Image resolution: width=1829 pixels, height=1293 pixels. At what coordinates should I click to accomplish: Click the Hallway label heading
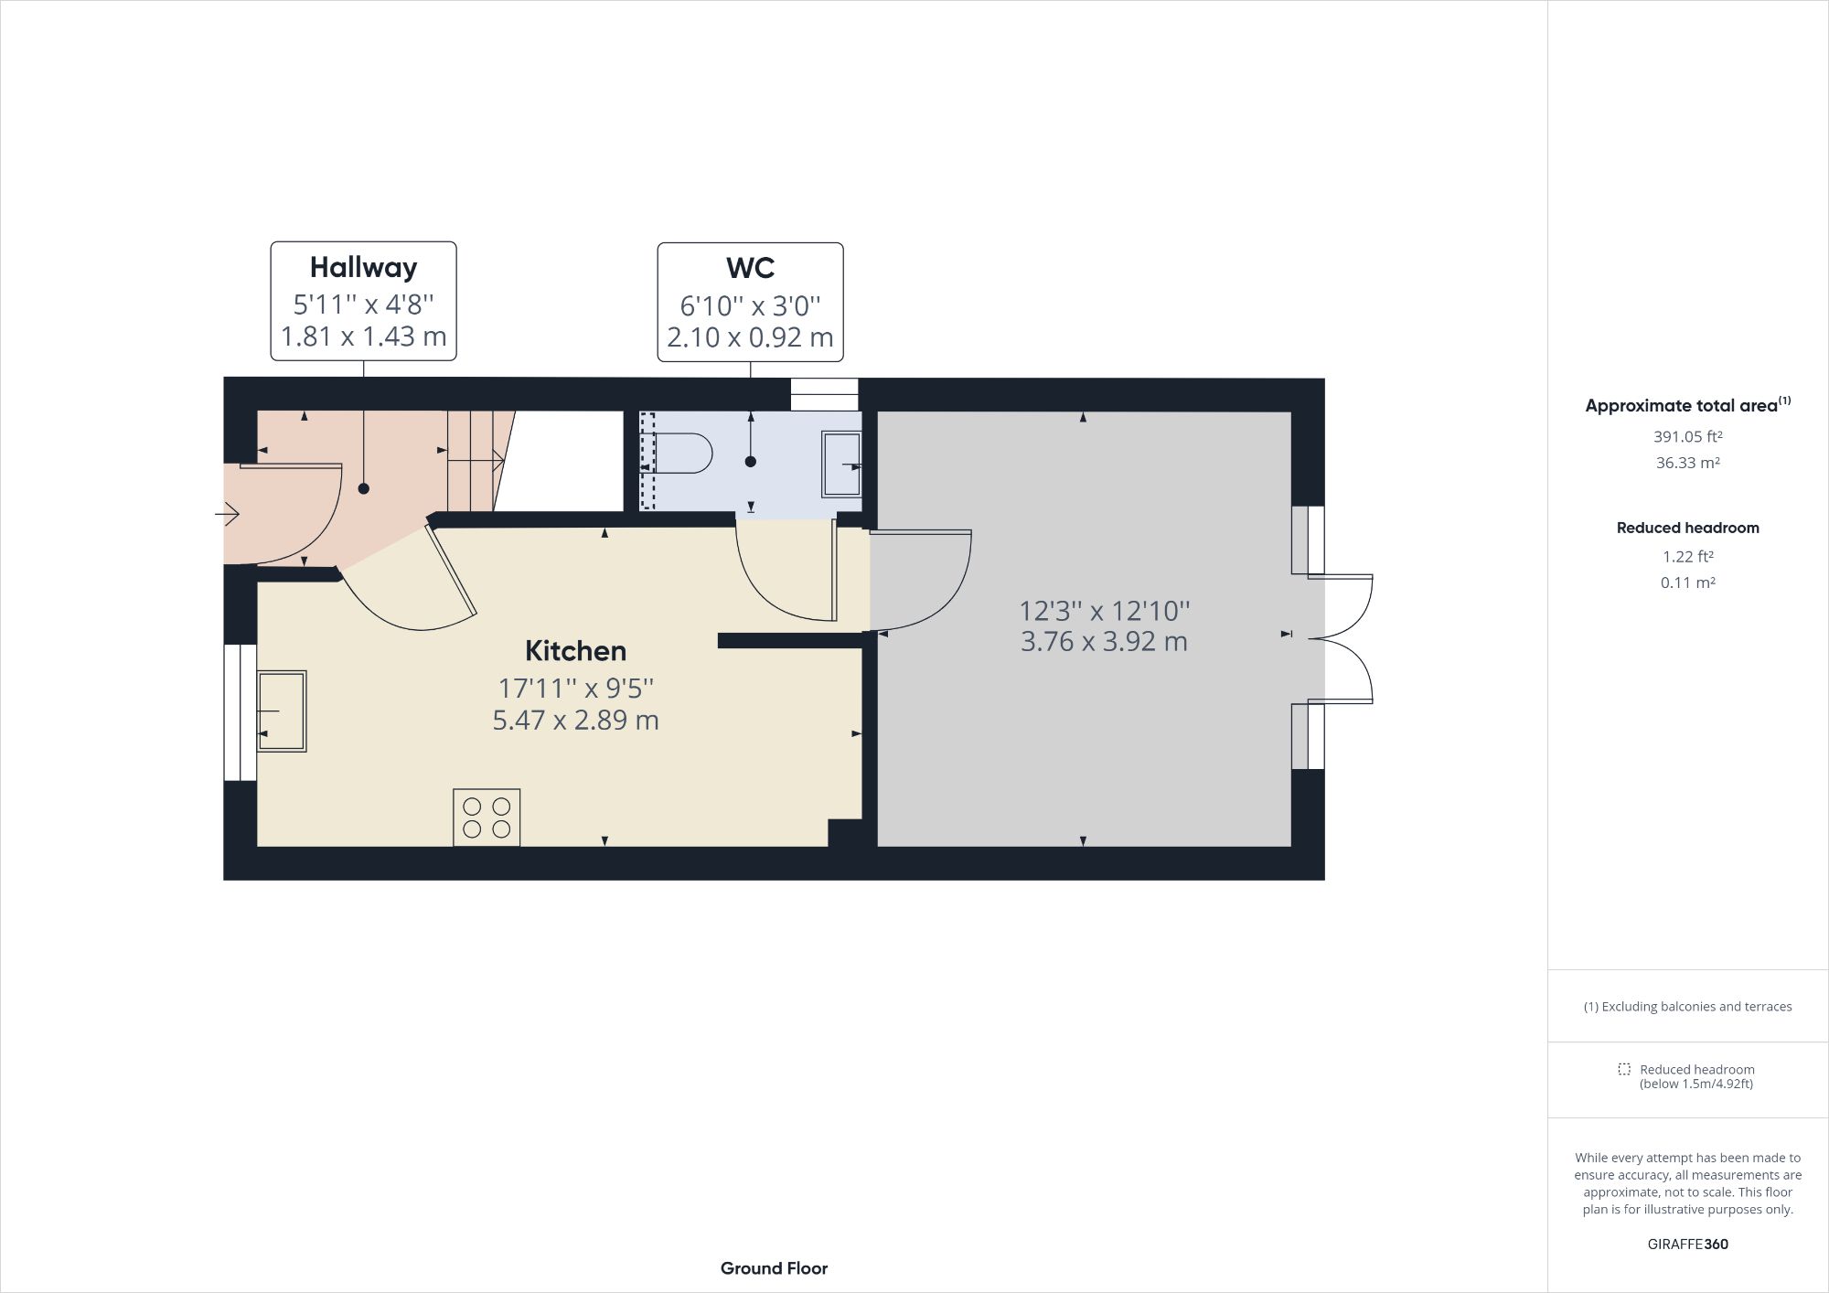tap(363, 267)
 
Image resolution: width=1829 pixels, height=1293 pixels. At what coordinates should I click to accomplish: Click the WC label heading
tap(750, 268)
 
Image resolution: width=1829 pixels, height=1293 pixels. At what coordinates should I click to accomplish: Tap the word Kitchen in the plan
tap(575, 651)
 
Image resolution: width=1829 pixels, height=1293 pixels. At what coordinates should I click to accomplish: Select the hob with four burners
tap(487, 817)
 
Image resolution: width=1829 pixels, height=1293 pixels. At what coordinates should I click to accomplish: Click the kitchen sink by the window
tap(282, 711)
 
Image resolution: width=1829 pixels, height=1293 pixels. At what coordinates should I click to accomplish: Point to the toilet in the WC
tap(686, 453)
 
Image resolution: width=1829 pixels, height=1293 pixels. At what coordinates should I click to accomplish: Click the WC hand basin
tap(841, 465)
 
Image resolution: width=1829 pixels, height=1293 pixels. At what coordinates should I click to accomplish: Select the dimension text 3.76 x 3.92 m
tap(1104, 642)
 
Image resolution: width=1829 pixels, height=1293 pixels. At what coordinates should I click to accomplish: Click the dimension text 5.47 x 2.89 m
tap(575, 721)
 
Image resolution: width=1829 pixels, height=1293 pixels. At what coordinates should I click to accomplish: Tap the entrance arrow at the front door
tap(227, 515)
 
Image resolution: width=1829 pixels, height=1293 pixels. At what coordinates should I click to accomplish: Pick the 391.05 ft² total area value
tap(1687, 437)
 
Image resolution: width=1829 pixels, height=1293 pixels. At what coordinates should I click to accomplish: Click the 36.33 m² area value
tap(1687, 463)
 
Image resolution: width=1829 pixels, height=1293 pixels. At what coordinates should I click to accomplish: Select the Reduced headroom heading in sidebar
tap(1687, 528)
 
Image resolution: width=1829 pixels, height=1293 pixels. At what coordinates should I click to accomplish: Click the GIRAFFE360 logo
tap(1687, 1244)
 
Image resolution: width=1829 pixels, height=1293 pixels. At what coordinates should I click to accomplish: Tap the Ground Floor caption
tap(774, 1268)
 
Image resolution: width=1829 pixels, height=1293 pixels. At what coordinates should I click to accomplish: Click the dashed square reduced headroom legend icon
tap(1623, 1069)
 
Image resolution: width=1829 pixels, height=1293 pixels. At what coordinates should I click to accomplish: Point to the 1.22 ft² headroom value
tap(1687, 556)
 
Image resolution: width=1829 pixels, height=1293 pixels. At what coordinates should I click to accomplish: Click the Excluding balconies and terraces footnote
tap(1687, 1007)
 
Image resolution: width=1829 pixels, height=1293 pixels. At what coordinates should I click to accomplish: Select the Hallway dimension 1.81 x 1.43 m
tap(363, 337)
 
